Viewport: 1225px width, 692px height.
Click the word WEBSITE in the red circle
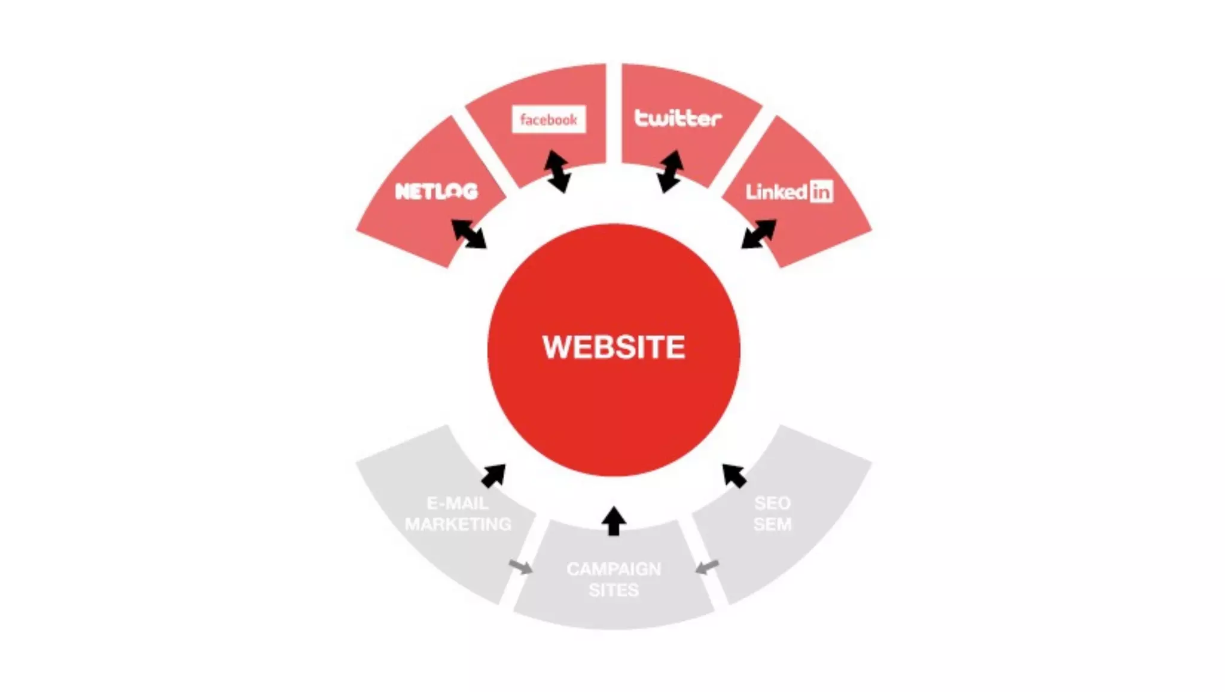[614, 347]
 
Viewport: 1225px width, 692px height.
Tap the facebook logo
[548, 120]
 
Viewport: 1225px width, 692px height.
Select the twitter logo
[678, 118]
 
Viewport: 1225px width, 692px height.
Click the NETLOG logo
[437, 191]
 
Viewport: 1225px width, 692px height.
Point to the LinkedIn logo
[789, 191]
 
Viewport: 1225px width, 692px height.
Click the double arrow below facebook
[557, 172]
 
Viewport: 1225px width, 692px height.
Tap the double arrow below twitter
[670, 171]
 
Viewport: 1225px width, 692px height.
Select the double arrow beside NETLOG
[468, 234]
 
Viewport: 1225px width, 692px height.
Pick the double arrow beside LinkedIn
[758, 234]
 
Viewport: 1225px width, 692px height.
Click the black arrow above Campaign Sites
[614, 522]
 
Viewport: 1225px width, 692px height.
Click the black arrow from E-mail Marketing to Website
[493, 476]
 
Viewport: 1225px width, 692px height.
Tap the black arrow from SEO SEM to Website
[734, 476]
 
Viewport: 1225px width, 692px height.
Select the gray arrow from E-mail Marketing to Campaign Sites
[520, 566]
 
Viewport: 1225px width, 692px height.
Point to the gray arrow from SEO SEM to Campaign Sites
[707, 566]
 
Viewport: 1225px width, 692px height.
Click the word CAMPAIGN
[614, 569]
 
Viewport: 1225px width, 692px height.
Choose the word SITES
[614, 590]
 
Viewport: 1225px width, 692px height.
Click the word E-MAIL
[458, 503]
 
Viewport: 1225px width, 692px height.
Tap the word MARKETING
[458, 525]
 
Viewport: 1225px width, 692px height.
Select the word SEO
[772, 503]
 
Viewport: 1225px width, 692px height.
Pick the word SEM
[772, 525]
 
